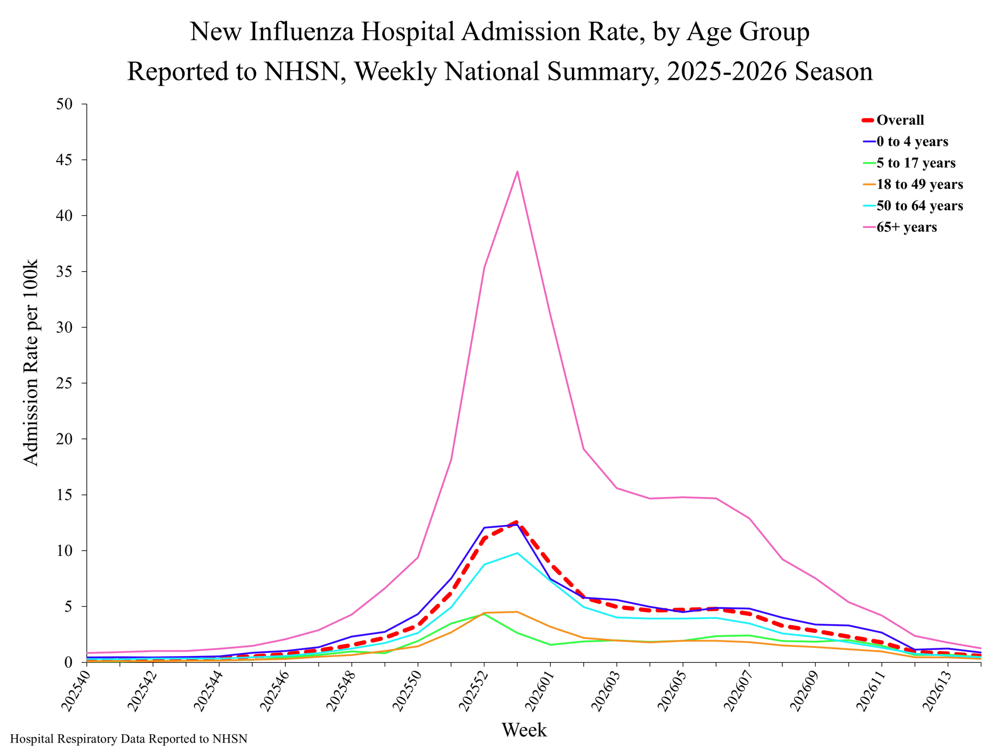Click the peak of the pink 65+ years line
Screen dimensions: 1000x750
pos(517,171)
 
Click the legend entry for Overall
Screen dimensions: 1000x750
pos(893,120)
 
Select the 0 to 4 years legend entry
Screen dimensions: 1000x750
pos(905,141)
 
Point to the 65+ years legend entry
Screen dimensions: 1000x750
pos(900,227)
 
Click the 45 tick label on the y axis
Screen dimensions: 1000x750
pos(64,160)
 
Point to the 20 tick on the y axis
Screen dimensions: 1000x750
pos(64,439)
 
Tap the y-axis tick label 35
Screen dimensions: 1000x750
pos(64,272)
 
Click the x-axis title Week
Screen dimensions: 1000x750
pos(524,730)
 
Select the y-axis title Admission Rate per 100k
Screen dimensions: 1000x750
pos(31,362)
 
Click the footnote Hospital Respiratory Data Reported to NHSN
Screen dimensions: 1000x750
pos(129,739)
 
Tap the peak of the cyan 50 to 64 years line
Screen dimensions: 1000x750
pos(517,553)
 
